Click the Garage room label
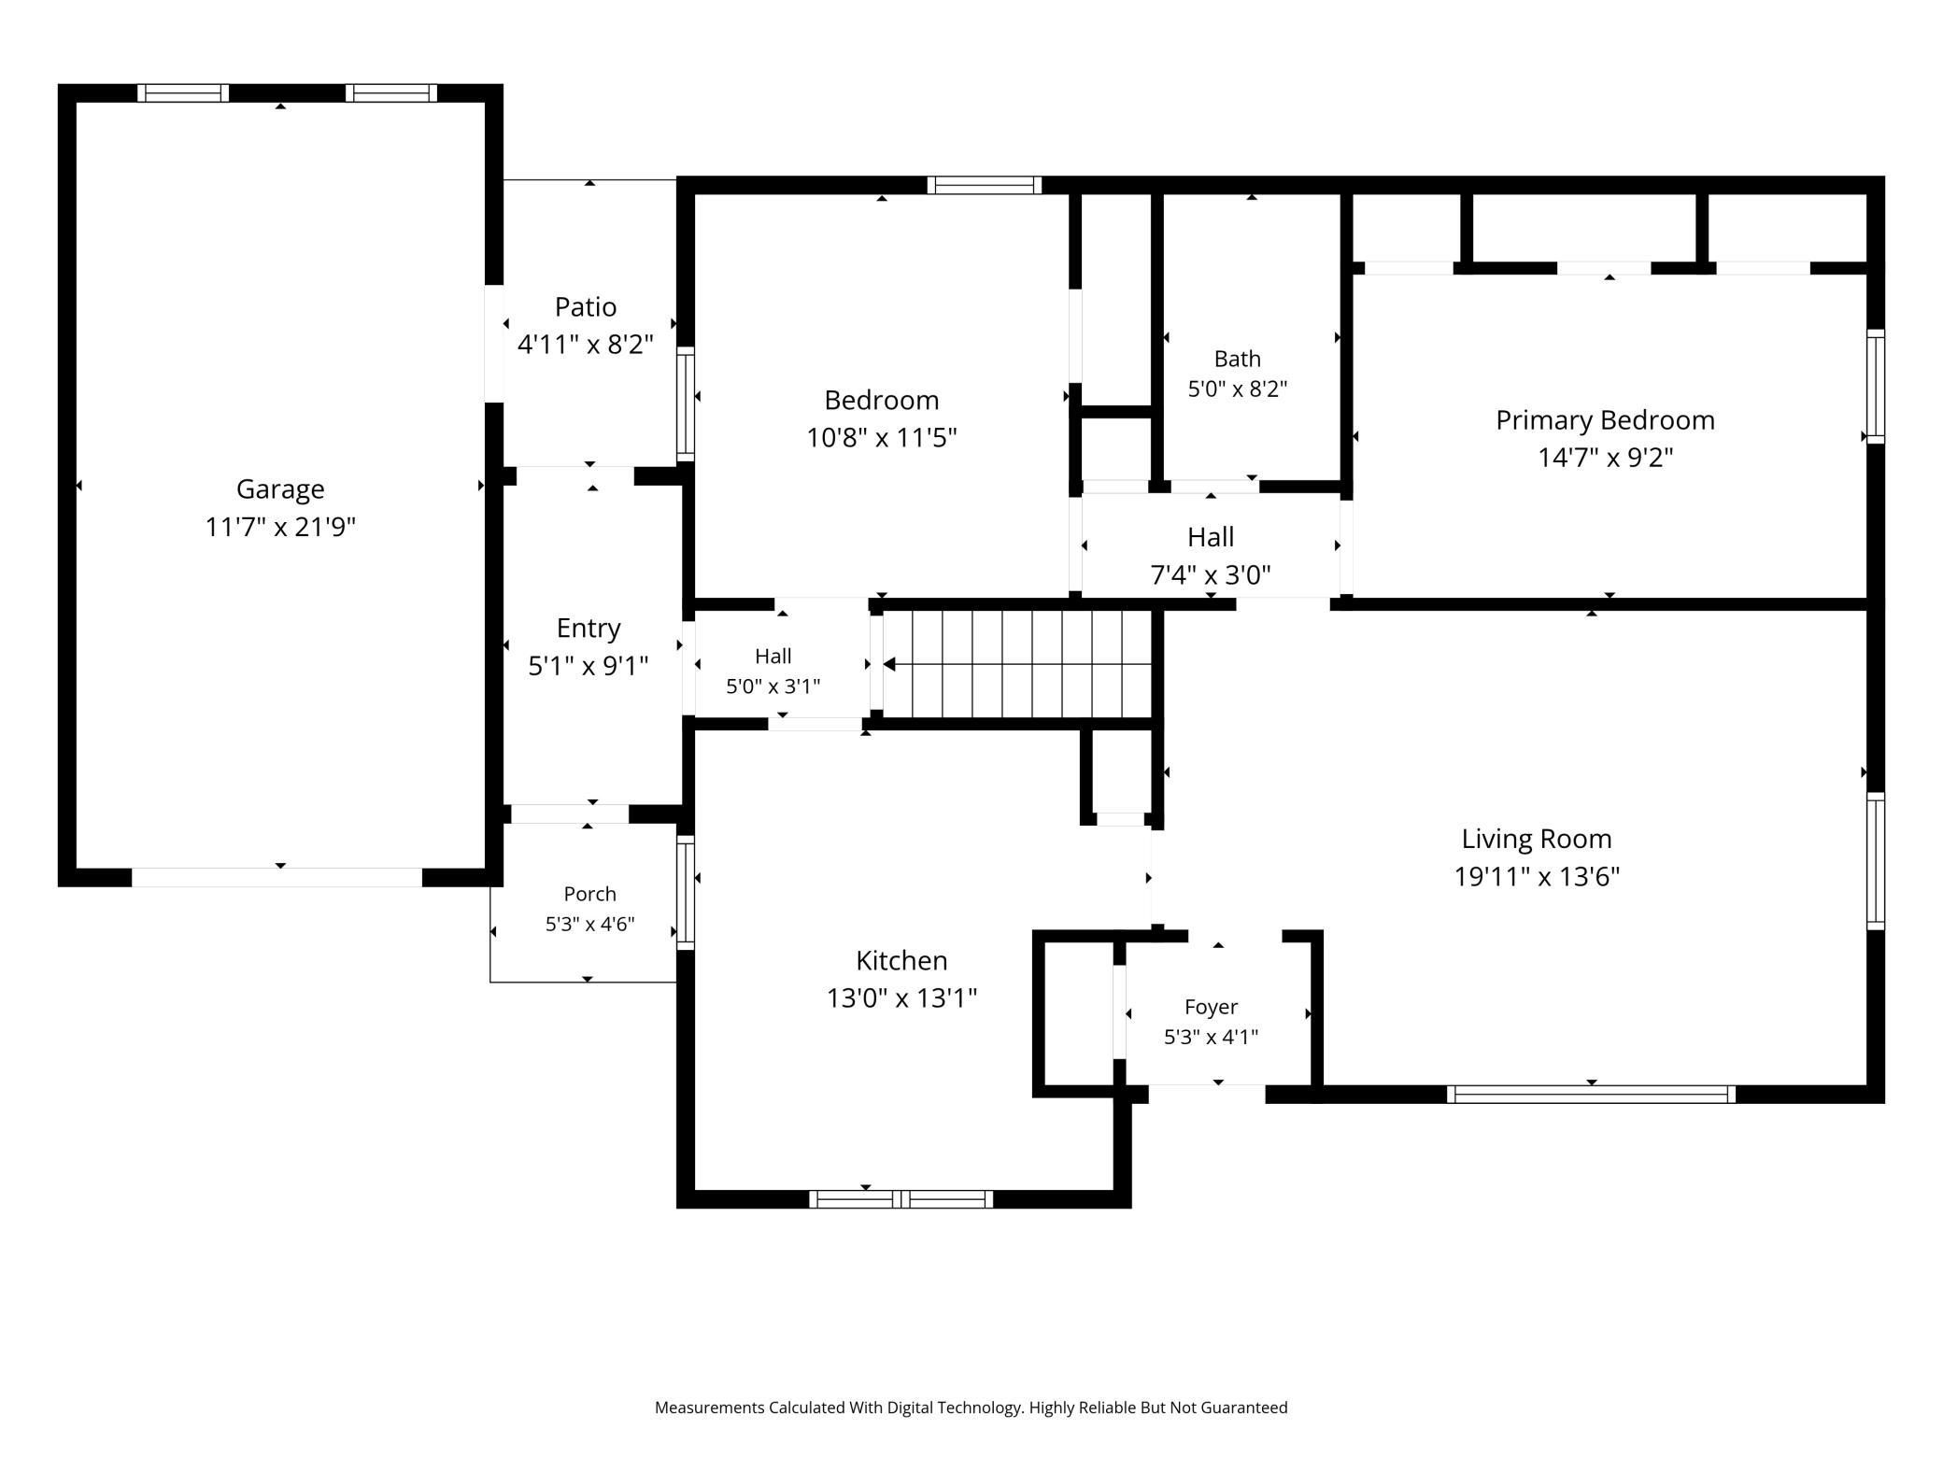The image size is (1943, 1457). pyautogui.click(x=280, y=488)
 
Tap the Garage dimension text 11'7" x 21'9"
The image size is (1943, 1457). pyautogui.click(x=280, y=527)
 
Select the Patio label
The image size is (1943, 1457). pyautogui.click(x=586, y=306)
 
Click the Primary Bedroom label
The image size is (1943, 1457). pyautogui.click(x=1605, y=420)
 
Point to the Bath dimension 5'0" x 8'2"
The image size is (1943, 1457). pyautogui.click(x=1238, y=389)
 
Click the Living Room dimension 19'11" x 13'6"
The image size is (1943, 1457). pyautogui.click(x=1537, y=876)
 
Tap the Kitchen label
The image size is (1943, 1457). pyautogui.click(x=901, y=960)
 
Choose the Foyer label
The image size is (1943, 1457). pyautogui.click(x=1212, y=1007)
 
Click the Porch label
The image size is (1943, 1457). pyautogui.click(x=590, y=894)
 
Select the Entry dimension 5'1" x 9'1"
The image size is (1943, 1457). pyautogui.click(x=589, y=666)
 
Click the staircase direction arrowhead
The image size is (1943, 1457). pyautogui.click(x=889, y=664)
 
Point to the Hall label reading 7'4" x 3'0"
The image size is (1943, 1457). pyautogui.click(x=1211, y=556)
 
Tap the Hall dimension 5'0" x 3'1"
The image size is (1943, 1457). pyautogui.click(x=773, y=686)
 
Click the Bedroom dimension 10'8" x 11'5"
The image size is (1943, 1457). pyautogui.click(x=882, y=437)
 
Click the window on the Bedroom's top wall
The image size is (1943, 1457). pyautogui.click(x=984, y=185)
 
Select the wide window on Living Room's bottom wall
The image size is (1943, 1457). pyautogui.click(x=1591, y=1094)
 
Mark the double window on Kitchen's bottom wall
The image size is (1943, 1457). pyautogui.click(x=901, y=1199)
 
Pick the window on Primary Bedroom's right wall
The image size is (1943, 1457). pyautogui.click(x=1875, y=386)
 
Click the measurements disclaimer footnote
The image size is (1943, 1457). pyautogui.click(x=971, y=1407)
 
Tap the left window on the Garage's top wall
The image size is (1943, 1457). pyautogui.click(x=183, y=92)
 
